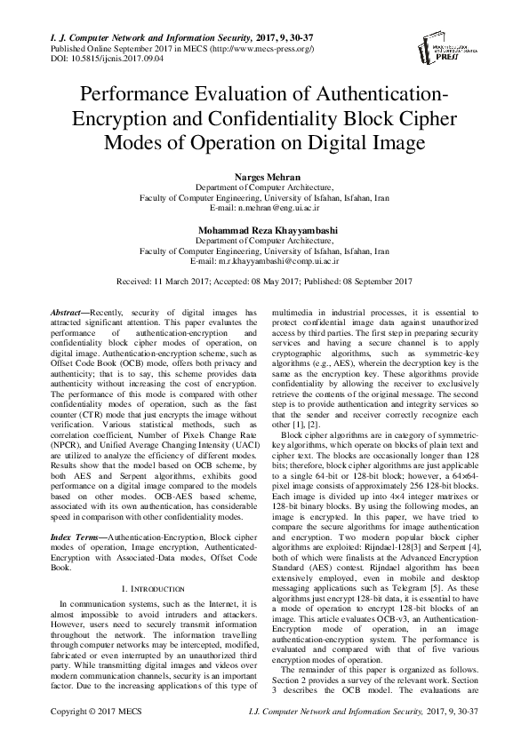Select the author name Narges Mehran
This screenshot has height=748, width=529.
click(x=264, y=178)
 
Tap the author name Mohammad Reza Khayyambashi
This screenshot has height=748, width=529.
click(x=264, y=230)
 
